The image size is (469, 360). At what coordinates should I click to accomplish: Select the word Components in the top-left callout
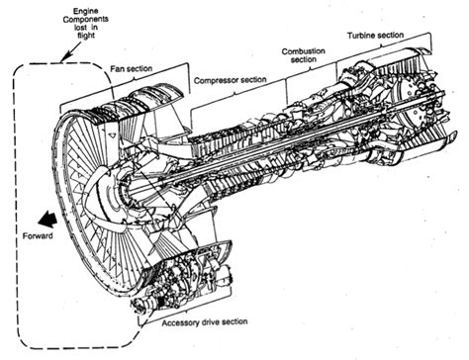[x=84, y=21]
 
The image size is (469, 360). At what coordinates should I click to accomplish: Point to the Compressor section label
[x=232, y=79]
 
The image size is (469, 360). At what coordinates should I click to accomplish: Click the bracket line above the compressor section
[x=237, y=91]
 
